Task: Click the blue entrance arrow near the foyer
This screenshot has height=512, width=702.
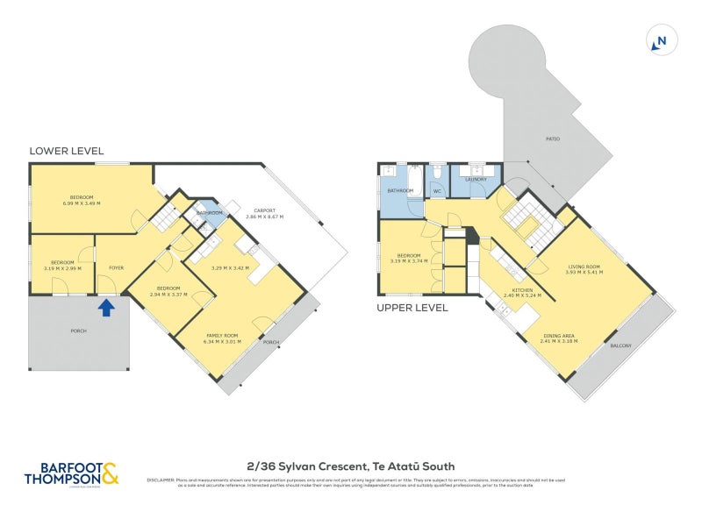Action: click(106, 307)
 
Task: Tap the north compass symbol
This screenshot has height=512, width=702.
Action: click(662, 40)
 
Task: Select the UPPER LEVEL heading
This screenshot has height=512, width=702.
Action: click(412, 308)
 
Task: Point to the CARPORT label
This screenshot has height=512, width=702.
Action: click(265, 210)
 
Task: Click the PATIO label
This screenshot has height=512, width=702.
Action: click(552, 139)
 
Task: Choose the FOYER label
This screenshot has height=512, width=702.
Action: click(115, 267)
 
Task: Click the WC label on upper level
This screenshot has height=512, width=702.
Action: click(436, 190)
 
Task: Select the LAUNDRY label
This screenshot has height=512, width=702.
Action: click(476, 180)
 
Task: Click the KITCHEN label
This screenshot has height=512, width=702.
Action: click(521, 288)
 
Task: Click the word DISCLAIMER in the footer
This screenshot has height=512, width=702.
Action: click(161, 480)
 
